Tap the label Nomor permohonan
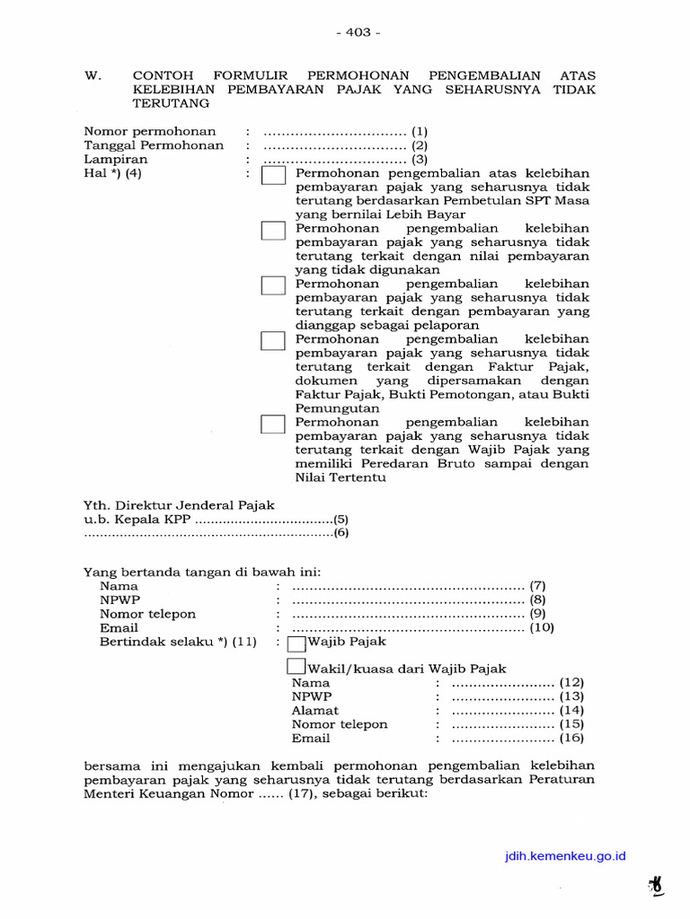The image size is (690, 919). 144,131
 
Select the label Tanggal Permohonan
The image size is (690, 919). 154,145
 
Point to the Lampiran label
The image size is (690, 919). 116,160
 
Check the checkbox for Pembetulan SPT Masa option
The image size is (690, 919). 273,175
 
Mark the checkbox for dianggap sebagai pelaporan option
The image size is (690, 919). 273,285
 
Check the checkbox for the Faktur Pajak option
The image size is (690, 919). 273,340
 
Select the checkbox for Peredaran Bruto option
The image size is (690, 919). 273,424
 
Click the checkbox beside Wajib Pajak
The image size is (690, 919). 296,643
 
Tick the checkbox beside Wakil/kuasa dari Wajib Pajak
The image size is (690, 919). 296,667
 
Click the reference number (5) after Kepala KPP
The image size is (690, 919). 341,519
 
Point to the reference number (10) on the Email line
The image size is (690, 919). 543,628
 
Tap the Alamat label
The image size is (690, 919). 315,710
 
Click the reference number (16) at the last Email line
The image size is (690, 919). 571,738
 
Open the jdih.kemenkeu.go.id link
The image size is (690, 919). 565,857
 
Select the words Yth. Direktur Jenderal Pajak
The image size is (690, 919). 179,505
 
